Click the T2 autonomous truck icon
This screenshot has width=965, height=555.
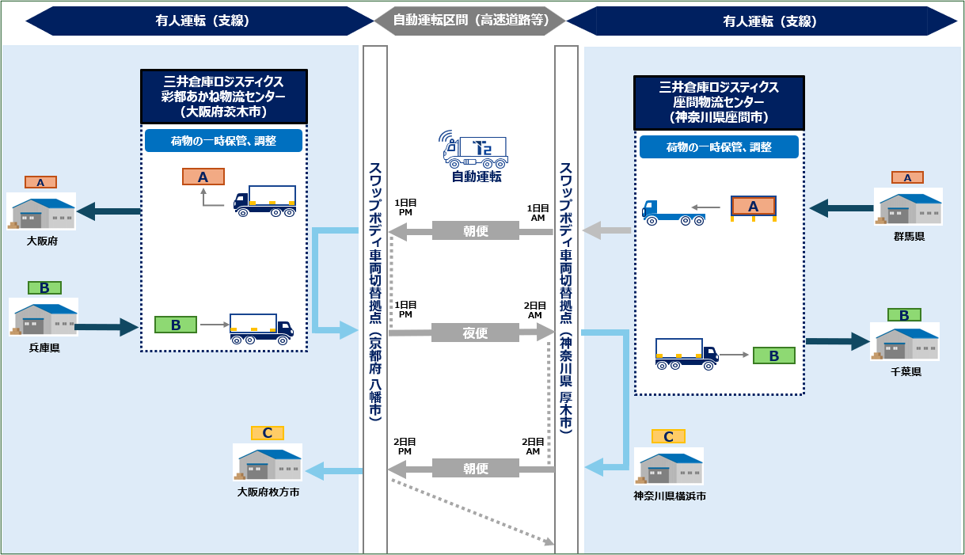tap(476, 148)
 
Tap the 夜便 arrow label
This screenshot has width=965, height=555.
tap(475, 333)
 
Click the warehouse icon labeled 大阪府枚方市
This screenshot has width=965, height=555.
tap(268, 462)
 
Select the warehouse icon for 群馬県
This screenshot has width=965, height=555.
tap(908, 207)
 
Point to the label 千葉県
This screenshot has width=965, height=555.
tap(905, 371)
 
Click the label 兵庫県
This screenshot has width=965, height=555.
tap(44, 347)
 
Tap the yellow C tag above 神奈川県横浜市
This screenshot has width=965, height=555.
tap(668, 436)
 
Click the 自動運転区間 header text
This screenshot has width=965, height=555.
tap(471, 21)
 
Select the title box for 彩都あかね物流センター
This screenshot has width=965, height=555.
tap(224, 96)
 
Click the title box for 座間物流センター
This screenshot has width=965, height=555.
tap(718, 103)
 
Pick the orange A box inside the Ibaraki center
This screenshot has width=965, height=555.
tap(203, 177)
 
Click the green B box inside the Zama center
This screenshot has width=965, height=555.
tap(773, 355)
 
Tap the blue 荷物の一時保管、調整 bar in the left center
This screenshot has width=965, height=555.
tap(224, 141)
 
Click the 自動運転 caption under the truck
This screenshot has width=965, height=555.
tap(476, 177)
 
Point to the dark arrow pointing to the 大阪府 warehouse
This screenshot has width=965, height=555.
tap(108, 211)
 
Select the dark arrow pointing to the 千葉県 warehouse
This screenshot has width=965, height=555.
tap(838, 341)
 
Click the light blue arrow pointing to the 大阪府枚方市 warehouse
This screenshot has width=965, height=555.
tap(333, 471)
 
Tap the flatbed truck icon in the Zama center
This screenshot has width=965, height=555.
tap(673, 211)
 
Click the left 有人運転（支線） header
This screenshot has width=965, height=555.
tap(203, 21)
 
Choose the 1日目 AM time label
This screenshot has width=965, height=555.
tap(538, 211)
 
